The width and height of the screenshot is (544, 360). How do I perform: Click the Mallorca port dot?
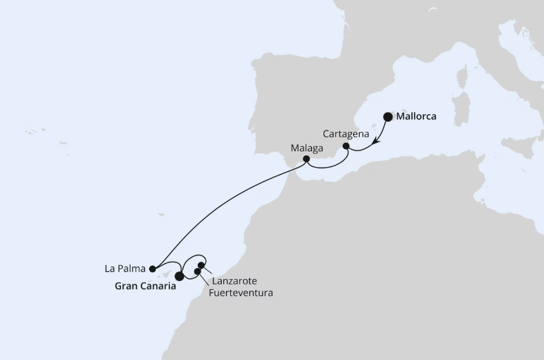tap(388, 117)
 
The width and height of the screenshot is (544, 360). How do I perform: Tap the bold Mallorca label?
tap(416, 117)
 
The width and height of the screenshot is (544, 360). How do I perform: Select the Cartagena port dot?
tap(346, 146)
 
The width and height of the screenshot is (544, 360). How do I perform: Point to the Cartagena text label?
tap(347, 133)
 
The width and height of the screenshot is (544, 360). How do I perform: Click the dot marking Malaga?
tap(306, 159)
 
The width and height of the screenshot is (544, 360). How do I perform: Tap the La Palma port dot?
tap(152, 269)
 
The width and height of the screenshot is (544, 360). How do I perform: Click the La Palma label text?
tap(124, 269)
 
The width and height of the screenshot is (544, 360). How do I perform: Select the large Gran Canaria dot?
tap(180, 276)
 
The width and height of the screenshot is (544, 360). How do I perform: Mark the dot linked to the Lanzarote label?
tap(201, 265)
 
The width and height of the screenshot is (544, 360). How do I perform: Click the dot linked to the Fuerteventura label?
tap(198, 271)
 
